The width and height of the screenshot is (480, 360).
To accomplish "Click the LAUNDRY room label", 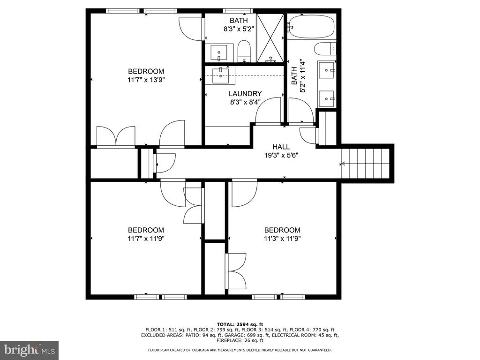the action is [x=245, y=94].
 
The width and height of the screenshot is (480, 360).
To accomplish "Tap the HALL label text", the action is [x=281, y=147].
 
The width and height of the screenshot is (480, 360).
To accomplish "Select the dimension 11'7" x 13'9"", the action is [x=146, y=80].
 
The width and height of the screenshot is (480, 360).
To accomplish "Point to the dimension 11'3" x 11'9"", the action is [x=282, y=239].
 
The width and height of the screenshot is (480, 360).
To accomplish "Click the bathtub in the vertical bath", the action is [x=311, y=27].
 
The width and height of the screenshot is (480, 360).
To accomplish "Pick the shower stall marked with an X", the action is [x=270, y=38].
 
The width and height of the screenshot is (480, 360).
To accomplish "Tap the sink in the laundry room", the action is [x=220, y=75].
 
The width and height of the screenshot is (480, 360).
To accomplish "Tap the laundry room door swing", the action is [x=268, y=111].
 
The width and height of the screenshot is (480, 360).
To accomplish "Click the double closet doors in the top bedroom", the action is [x=116, y=136].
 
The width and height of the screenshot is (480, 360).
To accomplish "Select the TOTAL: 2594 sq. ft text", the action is [x=240, y=324].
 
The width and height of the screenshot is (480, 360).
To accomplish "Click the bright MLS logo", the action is [x=30, y=349].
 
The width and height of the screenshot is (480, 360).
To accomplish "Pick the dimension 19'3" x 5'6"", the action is [x=281, y=156].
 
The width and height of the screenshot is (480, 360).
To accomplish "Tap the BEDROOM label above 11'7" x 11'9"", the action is [x=146, y=230].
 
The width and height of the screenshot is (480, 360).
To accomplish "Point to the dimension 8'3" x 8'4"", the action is [x=245, y=102].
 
